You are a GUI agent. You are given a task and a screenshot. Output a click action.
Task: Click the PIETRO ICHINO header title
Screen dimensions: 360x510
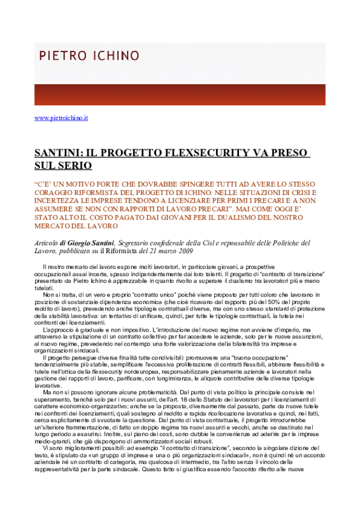coord(89,55)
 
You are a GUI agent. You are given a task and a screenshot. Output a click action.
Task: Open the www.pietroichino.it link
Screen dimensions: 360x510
coord(61,118)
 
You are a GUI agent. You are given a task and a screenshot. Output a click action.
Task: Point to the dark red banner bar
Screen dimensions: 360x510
coord(180,94)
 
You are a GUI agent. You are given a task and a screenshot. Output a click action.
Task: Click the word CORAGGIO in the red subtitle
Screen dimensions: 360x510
coord(51,193)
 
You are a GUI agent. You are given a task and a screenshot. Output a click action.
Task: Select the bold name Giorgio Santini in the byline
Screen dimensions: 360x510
coord(90,243)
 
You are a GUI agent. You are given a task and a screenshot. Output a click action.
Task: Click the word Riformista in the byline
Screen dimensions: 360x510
coord(121,251)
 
